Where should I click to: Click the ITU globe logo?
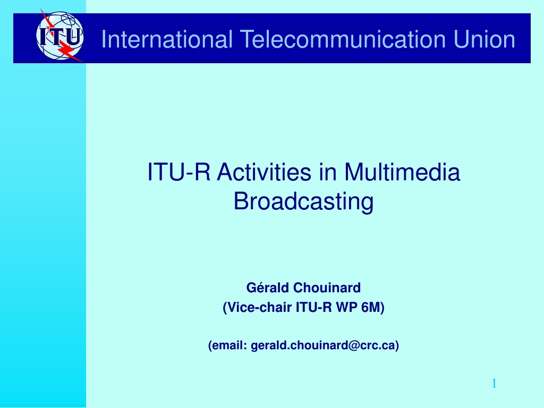(59, 36)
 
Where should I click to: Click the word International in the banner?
(166, 39)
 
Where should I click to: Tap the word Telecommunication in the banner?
(343, 39)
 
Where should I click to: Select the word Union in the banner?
(484, 39)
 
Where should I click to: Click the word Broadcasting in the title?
(303, 202)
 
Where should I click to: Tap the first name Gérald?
(268, 287)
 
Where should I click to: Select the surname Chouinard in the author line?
(327, 287)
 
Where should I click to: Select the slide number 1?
(494, 384)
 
